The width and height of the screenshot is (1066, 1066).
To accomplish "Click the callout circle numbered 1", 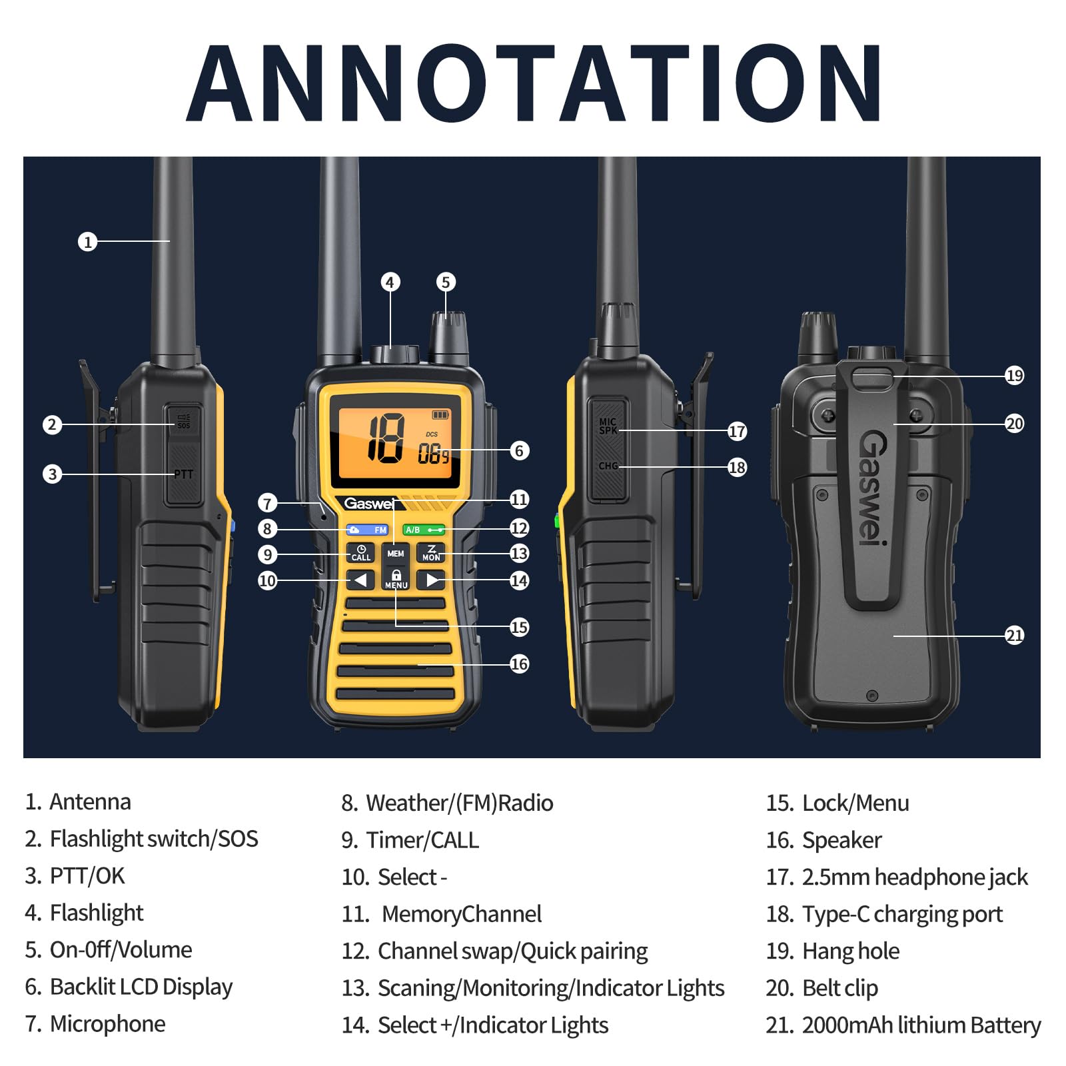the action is click(87, 241).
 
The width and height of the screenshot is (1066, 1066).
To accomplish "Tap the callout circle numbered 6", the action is click(520, 450).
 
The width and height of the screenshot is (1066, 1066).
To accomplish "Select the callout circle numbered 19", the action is click(1014, 376).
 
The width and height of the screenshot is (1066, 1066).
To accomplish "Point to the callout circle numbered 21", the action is click(1014, 636).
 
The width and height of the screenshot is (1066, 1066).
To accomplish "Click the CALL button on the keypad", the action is click(360, 553).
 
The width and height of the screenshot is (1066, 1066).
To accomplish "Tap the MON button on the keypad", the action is click(431, 553).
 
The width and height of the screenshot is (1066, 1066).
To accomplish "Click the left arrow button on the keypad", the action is click(360, 580).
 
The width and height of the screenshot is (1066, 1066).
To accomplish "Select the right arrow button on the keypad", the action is click(431, 580).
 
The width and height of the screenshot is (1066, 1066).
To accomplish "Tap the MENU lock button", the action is click(396, 579).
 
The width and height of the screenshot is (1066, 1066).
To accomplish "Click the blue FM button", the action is click(367, 530).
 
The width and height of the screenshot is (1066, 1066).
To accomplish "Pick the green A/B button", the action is click(424, 530).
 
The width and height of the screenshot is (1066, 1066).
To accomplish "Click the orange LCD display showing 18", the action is click(396, 444).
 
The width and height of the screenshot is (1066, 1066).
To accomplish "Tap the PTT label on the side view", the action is click(183, 474).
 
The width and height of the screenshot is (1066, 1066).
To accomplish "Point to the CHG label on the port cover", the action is click(608, 466).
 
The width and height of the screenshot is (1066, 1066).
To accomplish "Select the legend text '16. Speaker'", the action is click(823, 840).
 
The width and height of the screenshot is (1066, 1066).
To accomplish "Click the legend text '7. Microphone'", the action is click(95, 1023).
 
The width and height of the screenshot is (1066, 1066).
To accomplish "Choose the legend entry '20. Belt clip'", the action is click(822, 988).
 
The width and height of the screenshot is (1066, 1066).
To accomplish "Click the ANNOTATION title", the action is click(534, 83).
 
